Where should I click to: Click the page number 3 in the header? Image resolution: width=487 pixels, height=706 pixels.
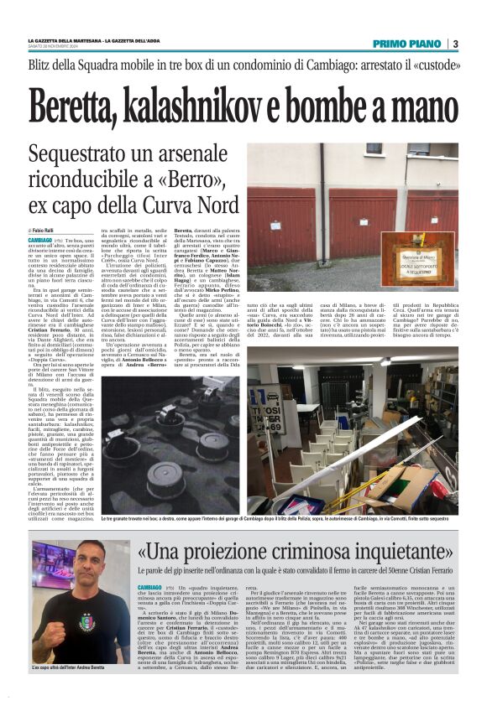(x=454, y=44)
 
